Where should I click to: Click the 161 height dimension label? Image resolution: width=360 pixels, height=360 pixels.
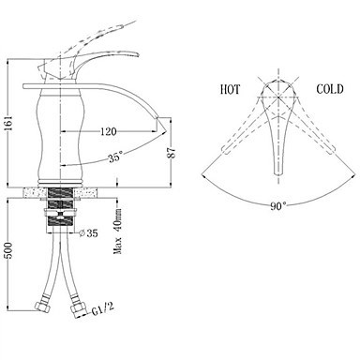click(x=10, y=124)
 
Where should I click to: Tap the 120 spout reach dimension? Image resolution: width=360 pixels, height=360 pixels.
click(x=108, y=131)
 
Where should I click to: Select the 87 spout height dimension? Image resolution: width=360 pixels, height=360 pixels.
click(x=172, y=153)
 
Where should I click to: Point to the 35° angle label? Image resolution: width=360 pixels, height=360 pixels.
click(x=115, y=157)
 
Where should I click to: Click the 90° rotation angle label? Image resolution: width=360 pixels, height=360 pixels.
click(x=277, y=206)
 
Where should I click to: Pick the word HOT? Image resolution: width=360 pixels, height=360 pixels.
click(x=230, y=89)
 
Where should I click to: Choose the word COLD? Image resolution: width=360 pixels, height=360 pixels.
click(x=330, y=89)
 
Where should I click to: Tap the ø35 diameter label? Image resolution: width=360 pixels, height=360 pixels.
click(x=88, y=233)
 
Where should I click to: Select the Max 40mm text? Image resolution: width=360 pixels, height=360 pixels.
click(x=118, y=231)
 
